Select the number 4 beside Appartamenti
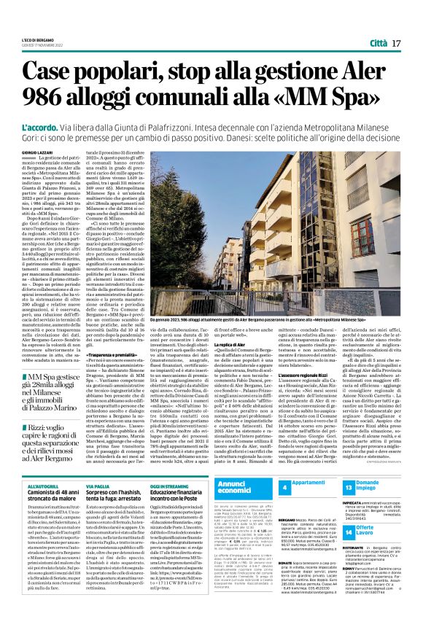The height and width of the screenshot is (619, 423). point(285,488)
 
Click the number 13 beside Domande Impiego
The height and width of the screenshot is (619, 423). point(349,488)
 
